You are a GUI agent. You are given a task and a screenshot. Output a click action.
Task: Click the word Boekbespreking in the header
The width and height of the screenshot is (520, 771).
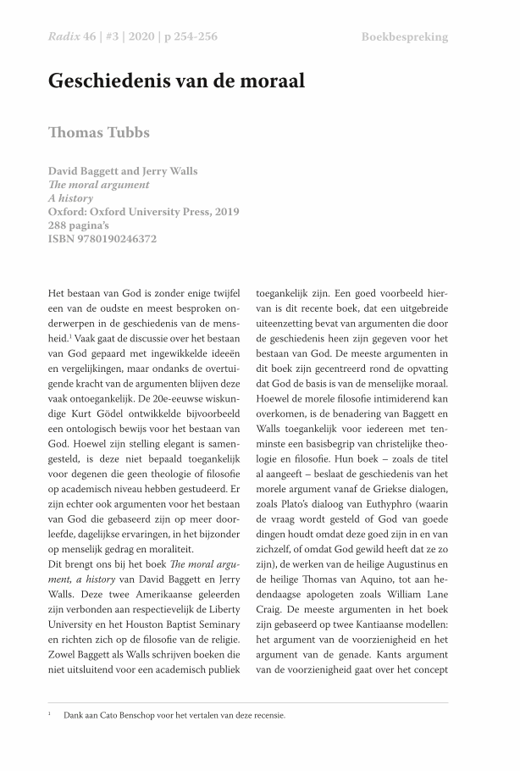coord(404,37)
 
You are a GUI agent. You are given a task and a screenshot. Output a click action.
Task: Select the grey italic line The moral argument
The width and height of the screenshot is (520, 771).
coord(99,185)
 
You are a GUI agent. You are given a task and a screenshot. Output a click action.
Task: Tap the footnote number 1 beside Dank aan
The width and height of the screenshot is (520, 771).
coord(50,713)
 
